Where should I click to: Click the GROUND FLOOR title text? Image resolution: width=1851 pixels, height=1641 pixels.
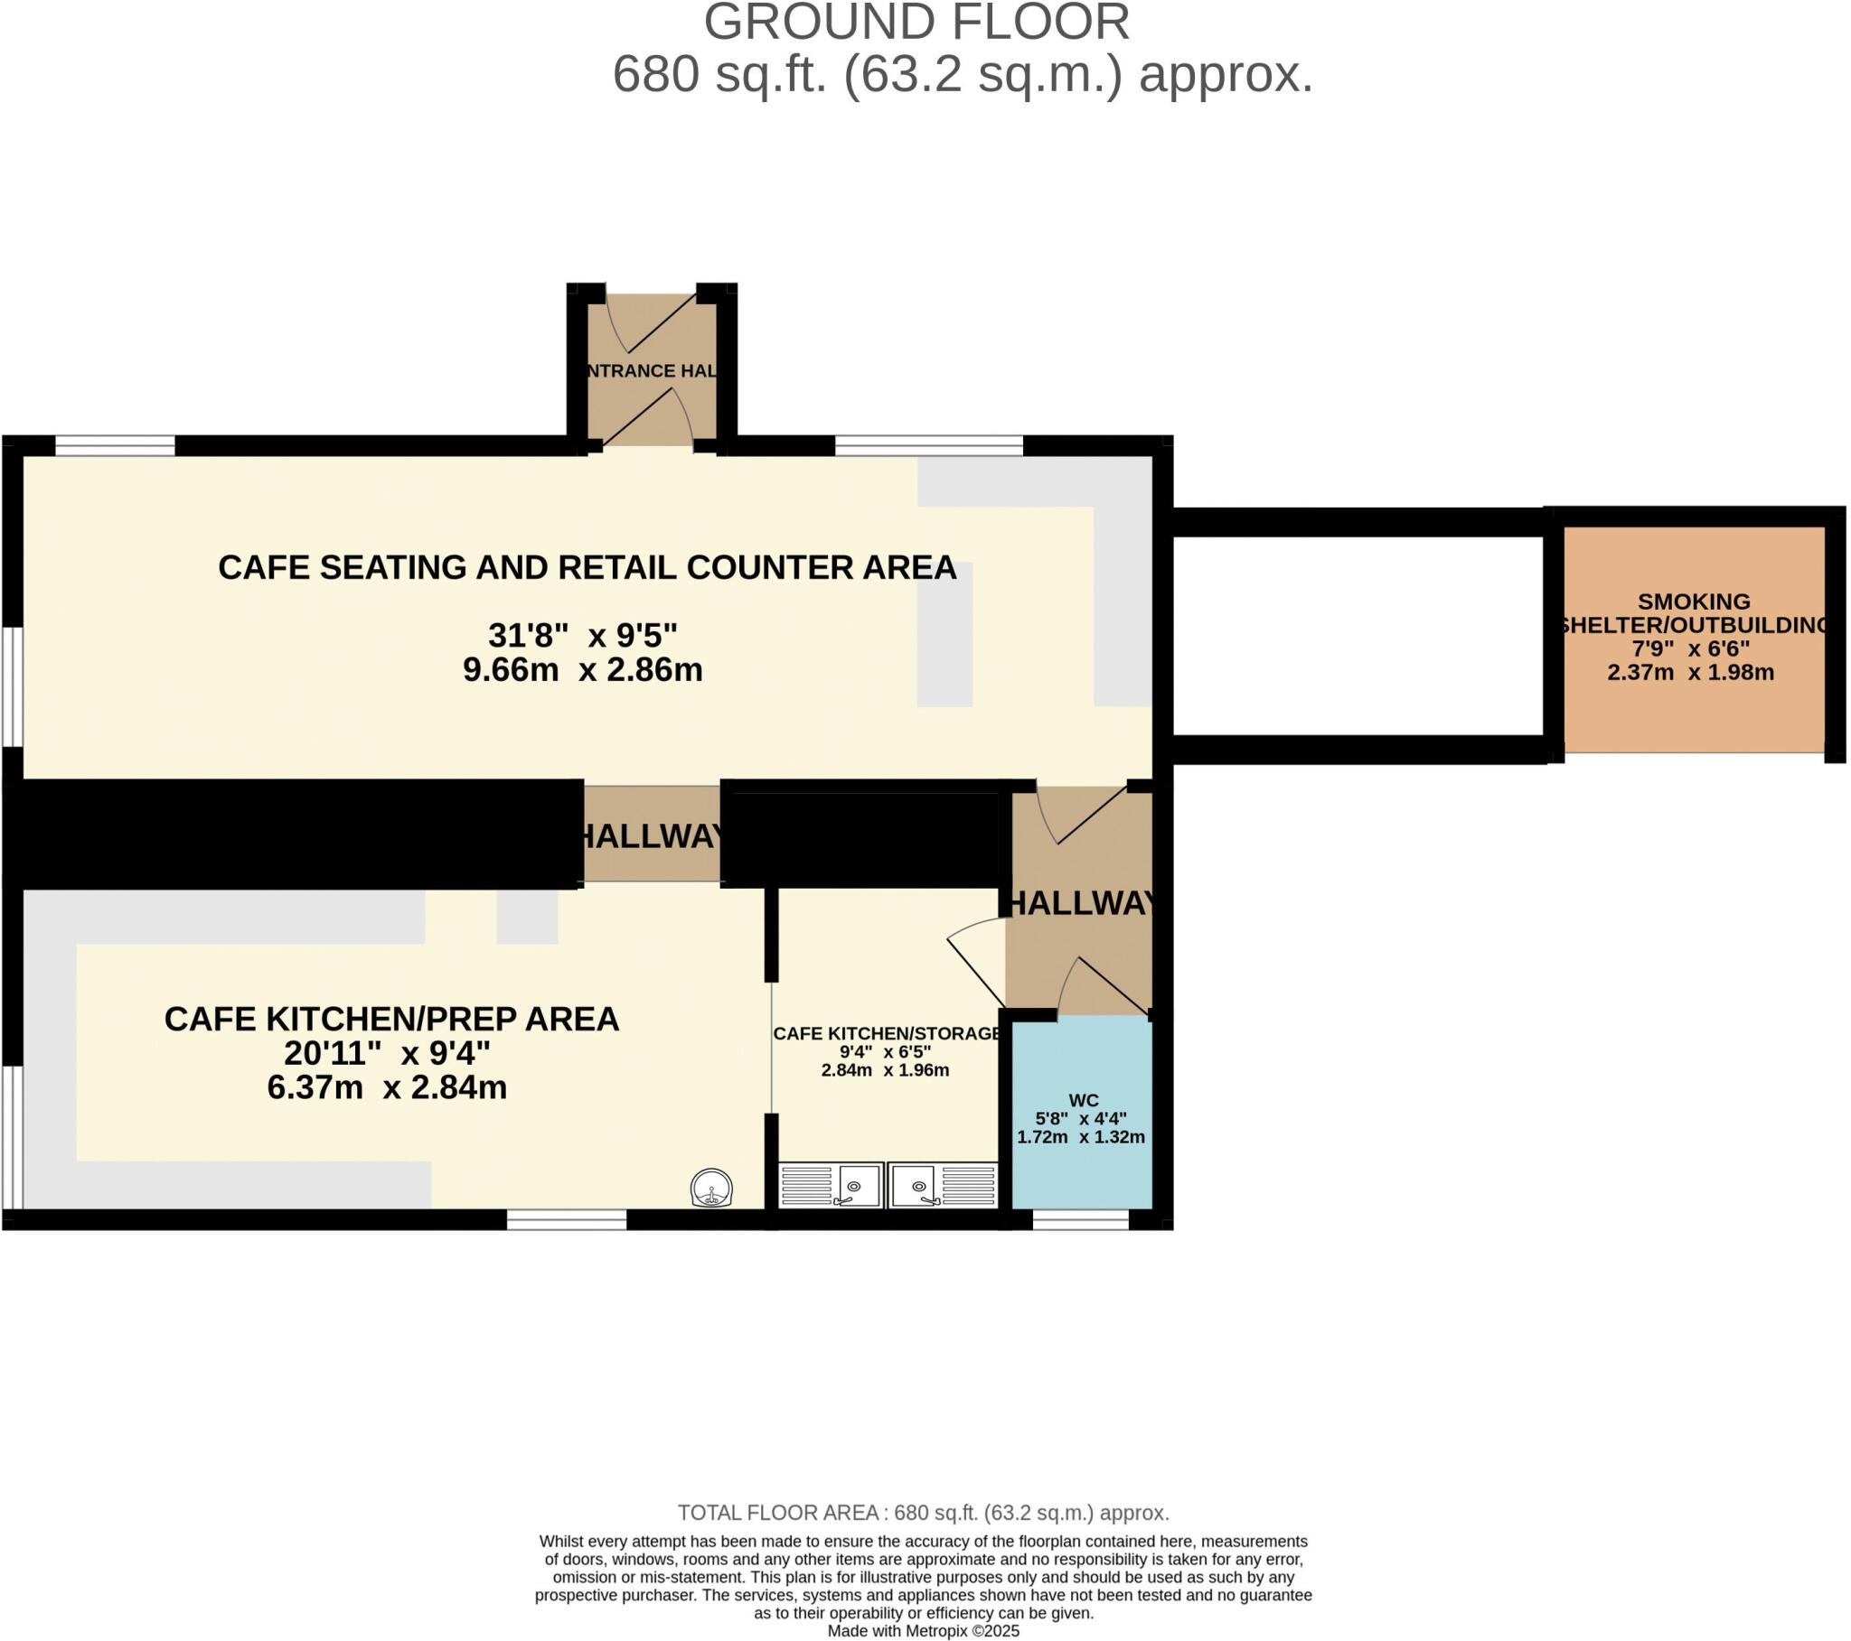pos(916,23)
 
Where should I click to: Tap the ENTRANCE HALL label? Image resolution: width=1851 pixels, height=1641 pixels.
pos(652,371)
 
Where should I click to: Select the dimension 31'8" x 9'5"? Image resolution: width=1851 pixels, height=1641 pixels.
pos(582,636)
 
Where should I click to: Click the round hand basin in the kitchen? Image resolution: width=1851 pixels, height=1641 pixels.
pos(711,1189)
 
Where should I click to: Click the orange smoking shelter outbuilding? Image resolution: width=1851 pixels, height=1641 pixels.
pos(1694,639)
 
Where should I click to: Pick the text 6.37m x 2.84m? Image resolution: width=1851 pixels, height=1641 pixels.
pos(387,1087)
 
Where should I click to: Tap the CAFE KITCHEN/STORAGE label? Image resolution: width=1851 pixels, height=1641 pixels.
pos(887,1034)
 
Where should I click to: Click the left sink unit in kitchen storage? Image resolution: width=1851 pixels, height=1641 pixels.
pos(831,1185)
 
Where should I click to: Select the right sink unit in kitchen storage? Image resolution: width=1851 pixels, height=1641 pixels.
pos(943,1185)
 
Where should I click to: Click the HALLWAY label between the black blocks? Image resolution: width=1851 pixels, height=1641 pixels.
pos(652,836)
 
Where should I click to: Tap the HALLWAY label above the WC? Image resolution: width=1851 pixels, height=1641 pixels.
pos(1081,903)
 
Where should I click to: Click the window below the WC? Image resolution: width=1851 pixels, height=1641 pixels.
pos(1080,1220)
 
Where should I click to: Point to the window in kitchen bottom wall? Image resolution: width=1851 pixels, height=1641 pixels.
pos(566,1220)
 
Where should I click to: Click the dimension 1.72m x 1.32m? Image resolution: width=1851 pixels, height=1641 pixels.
pos(1081,1138)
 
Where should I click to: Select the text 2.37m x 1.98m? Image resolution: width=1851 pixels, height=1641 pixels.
pos(1690,673)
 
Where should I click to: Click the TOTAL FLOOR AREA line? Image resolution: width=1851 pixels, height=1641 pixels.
pos(923,1513)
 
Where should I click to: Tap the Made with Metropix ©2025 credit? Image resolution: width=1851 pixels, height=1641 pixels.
pos(923,1631)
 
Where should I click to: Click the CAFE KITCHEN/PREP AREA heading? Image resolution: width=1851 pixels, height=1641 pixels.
pos(391,1019)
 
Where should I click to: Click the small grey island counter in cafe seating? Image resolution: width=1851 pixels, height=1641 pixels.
pos(944,634)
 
